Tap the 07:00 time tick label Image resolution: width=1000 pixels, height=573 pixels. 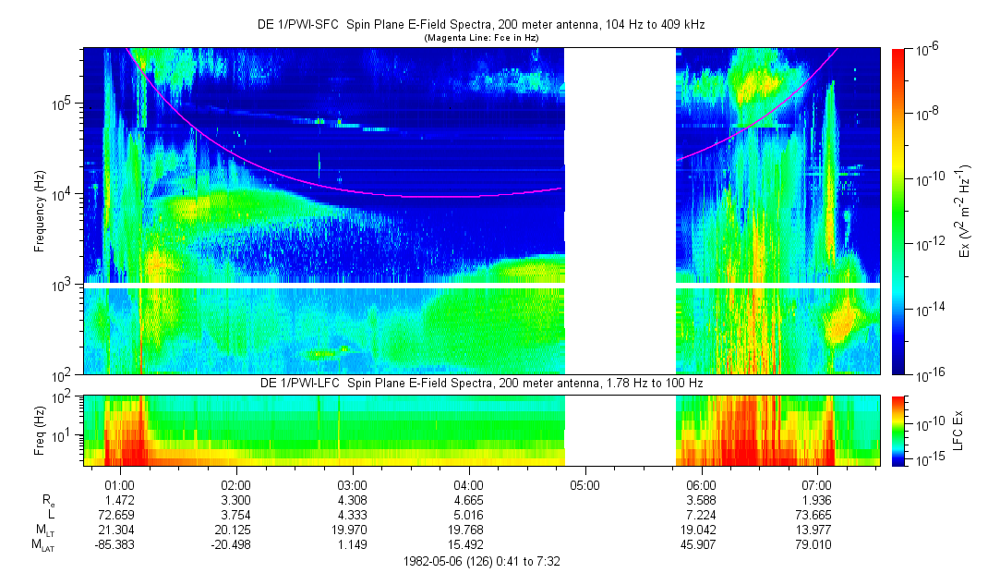[x=817, y=484]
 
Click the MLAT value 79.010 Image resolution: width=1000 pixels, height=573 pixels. [x=817, y=543]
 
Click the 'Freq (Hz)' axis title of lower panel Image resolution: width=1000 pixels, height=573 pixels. [x=40, y=429]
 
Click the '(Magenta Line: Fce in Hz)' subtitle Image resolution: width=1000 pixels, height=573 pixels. [x=481, y=38]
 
